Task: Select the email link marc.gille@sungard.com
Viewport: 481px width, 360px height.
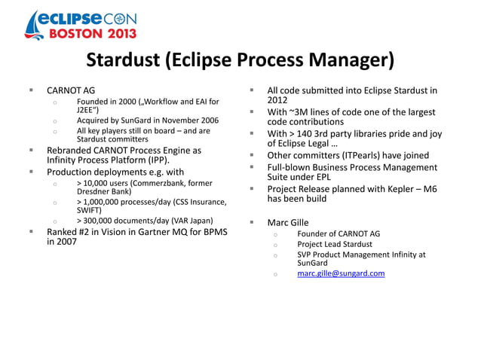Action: click(x=341, y=273)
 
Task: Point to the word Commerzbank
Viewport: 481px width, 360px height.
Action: click(x=163, y=182)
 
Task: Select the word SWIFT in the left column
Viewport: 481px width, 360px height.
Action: click(x=89, y=210)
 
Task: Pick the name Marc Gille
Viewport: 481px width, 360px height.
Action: click(x=288, y=222)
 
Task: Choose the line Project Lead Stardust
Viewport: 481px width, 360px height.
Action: click(x=335, y=244)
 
